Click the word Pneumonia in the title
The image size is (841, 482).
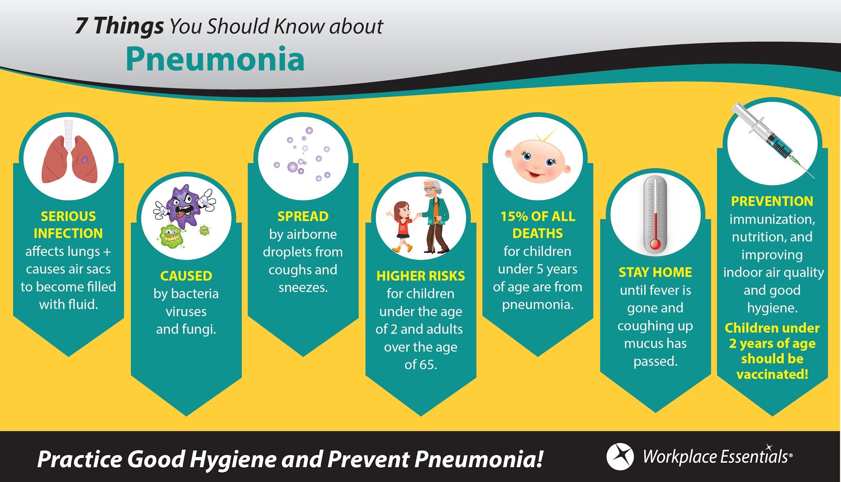pos(215,59)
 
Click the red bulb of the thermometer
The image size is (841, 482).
pos(655,245)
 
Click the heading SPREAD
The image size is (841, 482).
pos(303,216)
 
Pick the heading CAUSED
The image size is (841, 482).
pos(186,276)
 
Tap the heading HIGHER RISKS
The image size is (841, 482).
pos(420,276)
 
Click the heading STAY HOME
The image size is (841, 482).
pos(655,272)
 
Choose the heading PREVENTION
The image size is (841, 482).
pos(772,201)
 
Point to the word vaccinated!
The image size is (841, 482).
pos(772,374)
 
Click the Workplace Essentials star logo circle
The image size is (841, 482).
pos(620,457)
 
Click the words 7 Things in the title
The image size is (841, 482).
pos(119,26)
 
